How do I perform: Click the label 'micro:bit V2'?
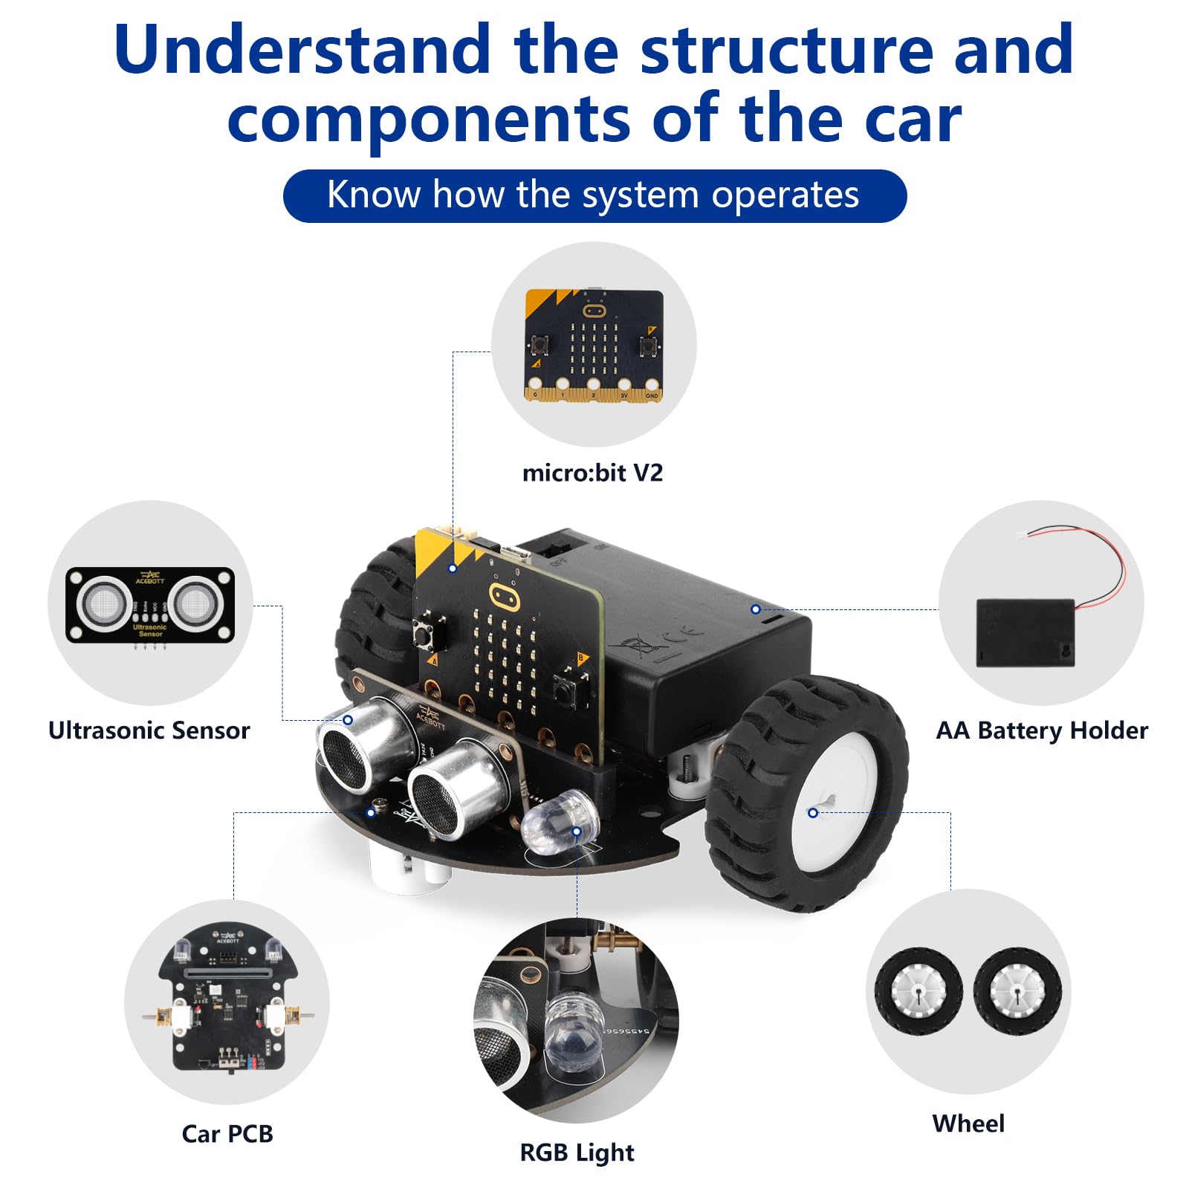coord(592,473)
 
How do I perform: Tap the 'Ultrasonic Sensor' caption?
coord(149,730)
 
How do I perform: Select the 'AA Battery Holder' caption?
coord(1042,730)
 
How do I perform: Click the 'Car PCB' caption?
coord(227,1134)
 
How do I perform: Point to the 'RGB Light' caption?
coord(577,1153)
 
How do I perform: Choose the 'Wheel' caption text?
coord(968,1123)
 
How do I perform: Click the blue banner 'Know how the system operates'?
coord(594,195)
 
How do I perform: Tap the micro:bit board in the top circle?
coord(594,345)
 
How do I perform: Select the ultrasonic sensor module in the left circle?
coord(150,604)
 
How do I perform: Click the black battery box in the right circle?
coord(1025,633)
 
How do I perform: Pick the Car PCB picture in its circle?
coord(227,1000)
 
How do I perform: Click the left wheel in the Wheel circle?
coord(919,992)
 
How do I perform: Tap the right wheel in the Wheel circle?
coord(1017,992)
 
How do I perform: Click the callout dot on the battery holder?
coord(755,609)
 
